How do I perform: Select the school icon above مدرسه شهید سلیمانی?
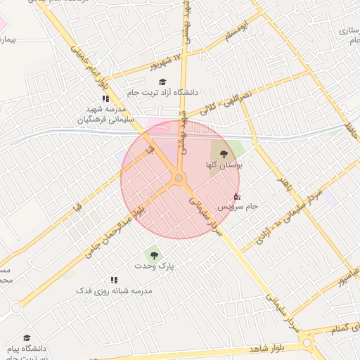(105, 99)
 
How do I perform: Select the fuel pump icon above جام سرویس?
(236, 195)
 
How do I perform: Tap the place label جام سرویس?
(237, 206)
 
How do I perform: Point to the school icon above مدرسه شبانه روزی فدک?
(114, 280)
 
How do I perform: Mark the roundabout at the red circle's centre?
(179, 179)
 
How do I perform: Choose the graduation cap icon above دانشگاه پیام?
(27, 338)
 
